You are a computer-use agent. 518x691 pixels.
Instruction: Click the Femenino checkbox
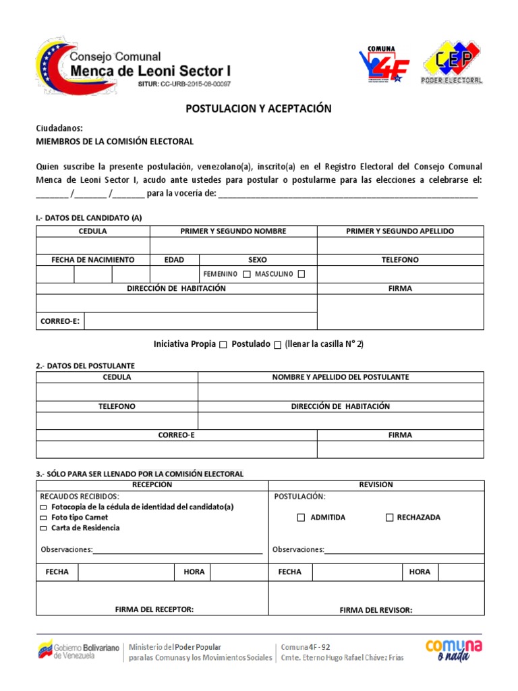click(247, 274)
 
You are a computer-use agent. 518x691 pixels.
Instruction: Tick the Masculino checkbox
click(301, 274)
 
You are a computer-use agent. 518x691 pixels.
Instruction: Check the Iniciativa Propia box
click(223, 345)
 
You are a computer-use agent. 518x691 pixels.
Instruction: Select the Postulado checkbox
click(277, 345)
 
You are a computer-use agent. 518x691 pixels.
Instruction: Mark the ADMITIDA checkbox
click(301, 518)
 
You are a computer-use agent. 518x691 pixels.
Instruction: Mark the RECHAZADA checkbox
click(389, 518)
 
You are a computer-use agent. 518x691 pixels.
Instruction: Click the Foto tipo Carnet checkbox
click(44, 518)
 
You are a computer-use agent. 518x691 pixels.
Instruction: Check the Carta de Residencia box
click(44, 528)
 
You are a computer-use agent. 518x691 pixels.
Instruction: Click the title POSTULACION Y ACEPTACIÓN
click(259, 109)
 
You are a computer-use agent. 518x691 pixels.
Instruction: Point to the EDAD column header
click(174, 260)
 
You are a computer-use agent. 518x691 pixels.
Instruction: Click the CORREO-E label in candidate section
click(60, 321)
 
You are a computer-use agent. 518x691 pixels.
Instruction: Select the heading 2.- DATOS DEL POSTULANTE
click(85, 366)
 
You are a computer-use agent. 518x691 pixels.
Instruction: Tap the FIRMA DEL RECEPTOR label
click(154, 609)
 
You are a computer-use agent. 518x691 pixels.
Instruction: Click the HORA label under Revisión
click(419, 572)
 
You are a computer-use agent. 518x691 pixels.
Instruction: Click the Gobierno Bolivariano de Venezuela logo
click(76, 651)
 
